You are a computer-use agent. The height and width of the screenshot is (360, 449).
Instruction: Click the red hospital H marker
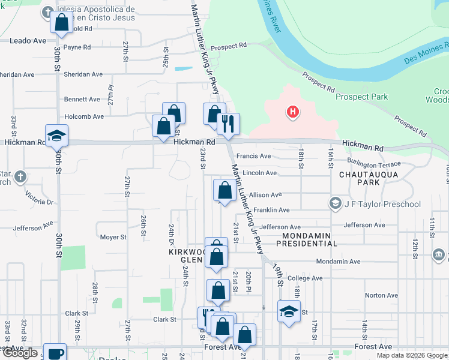(293, 112)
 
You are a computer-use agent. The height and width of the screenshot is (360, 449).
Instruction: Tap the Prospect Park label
(361, 97)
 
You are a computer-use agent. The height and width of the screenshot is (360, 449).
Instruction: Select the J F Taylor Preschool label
(382, 204)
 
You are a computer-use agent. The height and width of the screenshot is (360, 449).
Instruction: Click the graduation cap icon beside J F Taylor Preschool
(334, 204)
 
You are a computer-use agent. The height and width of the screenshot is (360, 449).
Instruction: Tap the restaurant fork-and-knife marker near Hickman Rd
(228, 124)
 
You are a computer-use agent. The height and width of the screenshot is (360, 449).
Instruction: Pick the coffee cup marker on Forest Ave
(55, 353)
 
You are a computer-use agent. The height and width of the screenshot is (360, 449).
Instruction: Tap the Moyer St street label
(113, 237)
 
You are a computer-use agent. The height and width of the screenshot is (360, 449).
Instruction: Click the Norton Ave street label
(381, 295)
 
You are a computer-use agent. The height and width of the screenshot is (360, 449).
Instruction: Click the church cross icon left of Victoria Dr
(20, 177)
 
